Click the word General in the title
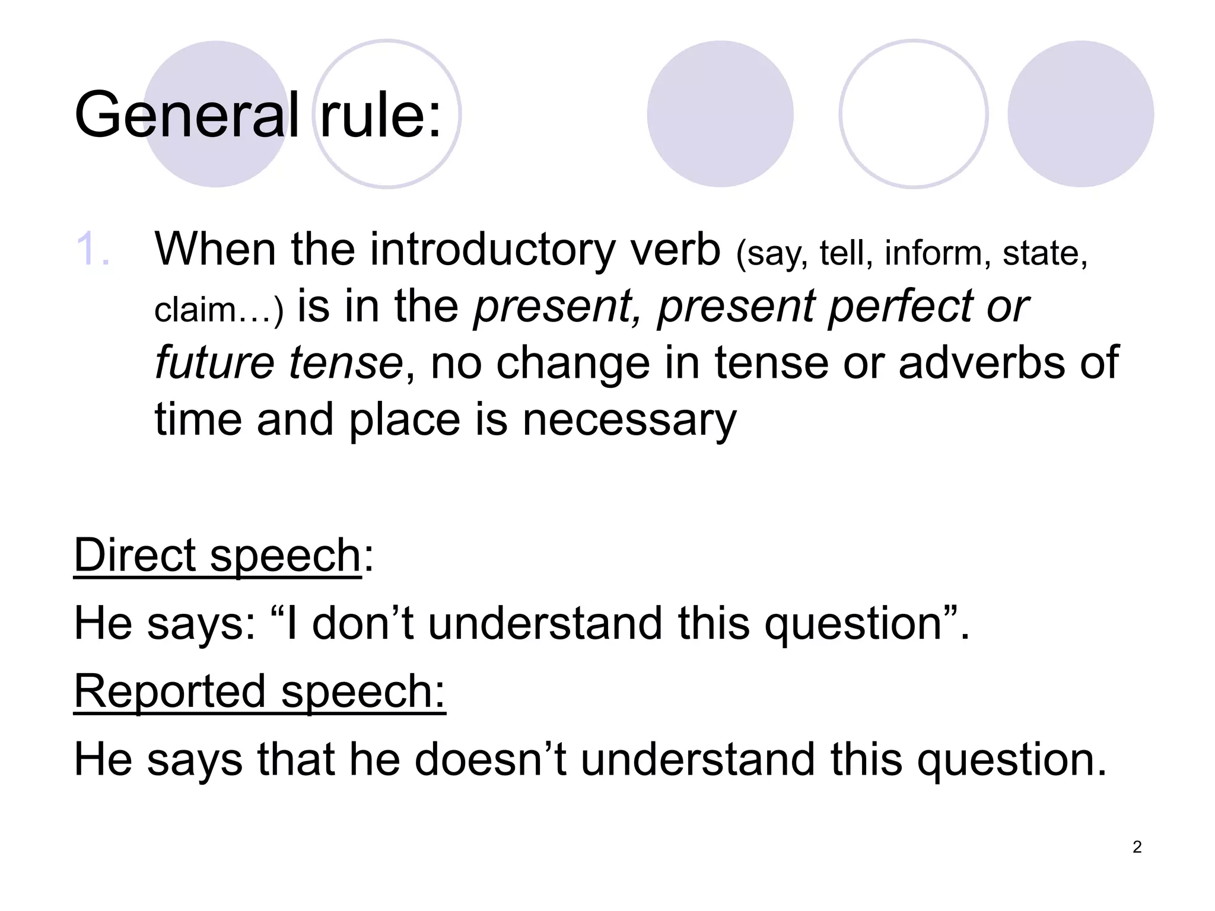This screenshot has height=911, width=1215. point(186,115)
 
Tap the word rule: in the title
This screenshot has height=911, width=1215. point(380,115)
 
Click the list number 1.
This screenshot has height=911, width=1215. point(93,250)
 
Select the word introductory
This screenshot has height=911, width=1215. point(492,250)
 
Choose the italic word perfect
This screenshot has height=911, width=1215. point(899,307)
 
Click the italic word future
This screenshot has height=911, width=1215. point(214,363)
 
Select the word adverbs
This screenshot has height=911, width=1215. point(981,363)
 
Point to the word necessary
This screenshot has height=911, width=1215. point(629,420)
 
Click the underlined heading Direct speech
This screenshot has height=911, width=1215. point(217,556)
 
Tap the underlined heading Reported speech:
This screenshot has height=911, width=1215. point(259,692)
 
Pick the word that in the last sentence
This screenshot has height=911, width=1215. point(295,760)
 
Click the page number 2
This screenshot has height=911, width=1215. point(1137,847)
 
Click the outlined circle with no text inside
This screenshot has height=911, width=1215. point(913,114)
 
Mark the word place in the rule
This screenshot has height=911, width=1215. point(404,420)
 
